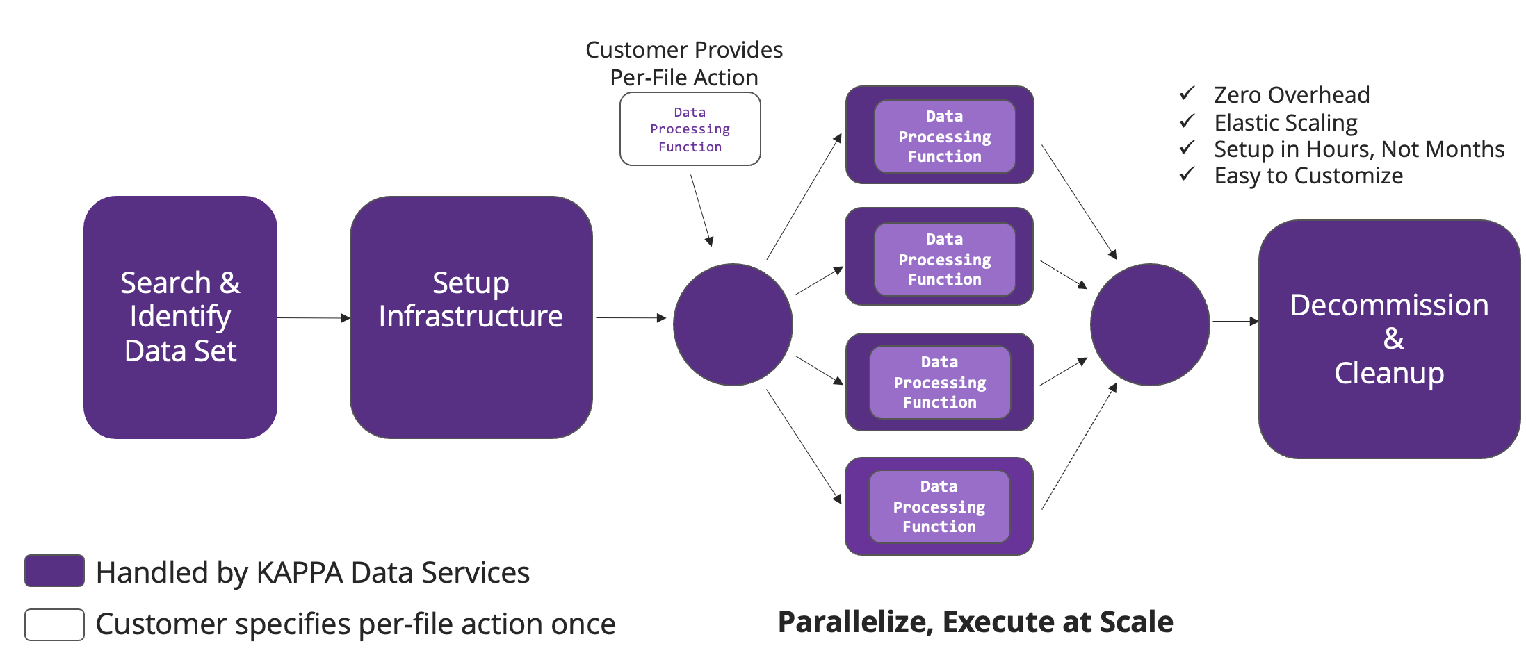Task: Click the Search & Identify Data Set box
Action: click(x=180, y=317)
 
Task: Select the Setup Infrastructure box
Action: click(x=471, y=317)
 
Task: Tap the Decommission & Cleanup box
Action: click(x=1388, y=339)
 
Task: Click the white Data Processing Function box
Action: click(x=690, y=129)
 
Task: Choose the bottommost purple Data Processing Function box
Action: click(x=939, y=506)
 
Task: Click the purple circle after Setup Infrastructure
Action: click(x=733, y=324)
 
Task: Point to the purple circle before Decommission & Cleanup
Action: click(x=1149, y=324)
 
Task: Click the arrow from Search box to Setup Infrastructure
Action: click(x=313, y=318)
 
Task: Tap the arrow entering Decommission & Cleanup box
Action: click(x=1235, y=322)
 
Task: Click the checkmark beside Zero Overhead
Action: click(x=1187, y=93)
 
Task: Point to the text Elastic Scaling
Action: click(x=1285, y=122)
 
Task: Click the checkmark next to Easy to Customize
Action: click(x=1187, y=174)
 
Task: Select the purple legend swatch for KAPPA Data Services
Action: click(x=54, y=570)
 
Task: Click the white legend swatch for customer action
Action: click(x=54, y=624)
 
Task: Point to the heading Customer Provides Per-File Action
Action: click(x=684, y=63)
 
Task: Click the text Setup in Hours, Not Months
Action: click(x=1358, y=149)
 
